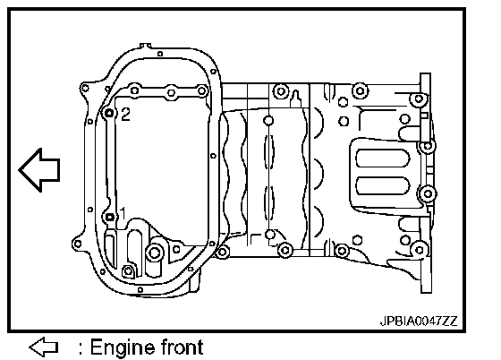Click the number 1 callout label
click(x=123, y=213)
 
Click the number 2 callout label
click(x=125, y=114)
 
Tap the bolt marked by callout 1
click(x=109, y=217)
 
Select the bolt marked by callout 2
click(x=109, y=113)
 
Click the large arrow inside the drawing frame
click(x=39, y=170)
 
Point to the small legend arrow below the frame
click(x=44, y=347)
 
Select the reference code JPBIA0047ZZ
click(x=419, y=321)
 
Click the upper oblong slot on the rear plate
click(x=383, y=158)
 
